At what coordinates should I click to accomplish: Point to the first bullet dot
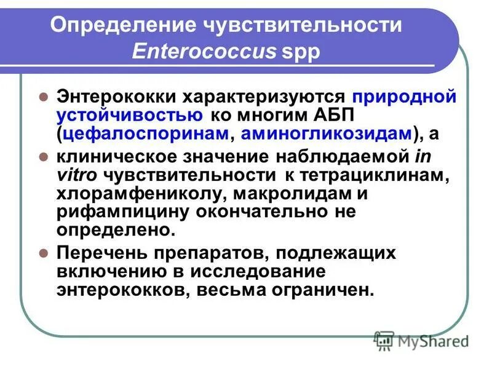pyautogui.click(x=44, y=97)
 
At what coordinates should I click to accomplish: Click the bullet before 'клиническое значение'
pyautogui.click(x=44, y=156)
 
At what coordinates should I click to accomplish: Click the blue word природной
pyautogui.click(x=405, y=97)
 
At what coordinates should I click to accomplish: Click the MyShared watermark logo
pyautogui.click(x=421, y=340)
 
